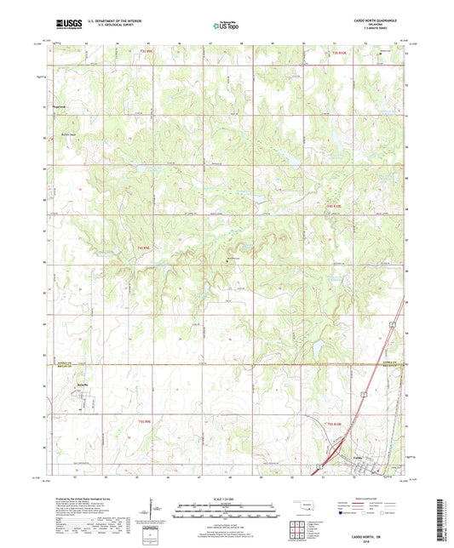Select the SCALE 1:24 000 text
click(x=226, y=499)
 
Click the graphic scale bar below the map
click(x=226, y=514)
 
